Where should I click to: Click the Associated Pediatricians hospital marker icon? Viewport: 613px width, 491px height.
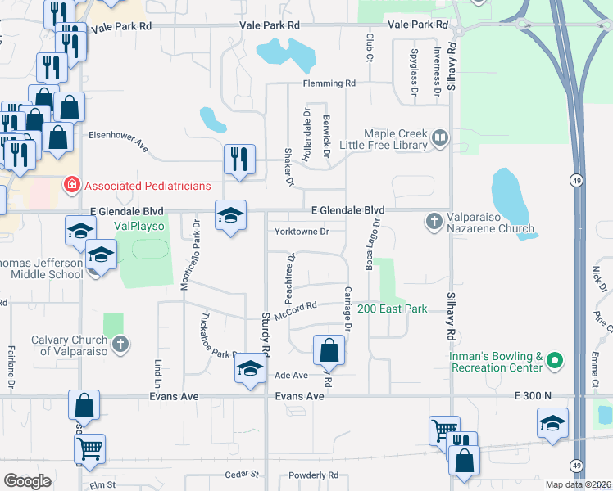[72, 186]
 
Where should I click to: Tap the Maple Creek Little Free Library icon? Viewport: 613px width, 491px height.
[440, 138]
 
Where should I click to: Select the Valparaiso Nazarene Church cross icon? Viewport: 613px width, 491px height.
[434, 220]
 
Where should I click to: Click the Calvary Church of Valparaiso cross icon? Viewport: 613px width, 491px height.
[120, 344]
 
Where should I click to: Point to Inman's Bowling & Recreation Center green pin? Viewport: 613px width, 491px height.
[555, 360]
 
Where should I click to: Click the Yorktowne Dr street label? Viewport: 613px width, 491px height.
[302, 232]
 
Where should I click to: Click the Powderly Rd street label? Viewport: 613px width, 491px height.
[313, 475]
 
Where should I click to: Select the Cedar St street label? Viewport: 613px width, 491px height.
[242, 474]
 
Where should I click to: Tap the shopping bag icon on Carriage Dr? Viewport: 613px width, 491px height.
[329, 350]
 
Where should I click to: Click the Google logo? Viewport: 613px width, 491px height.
[28, 481]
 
